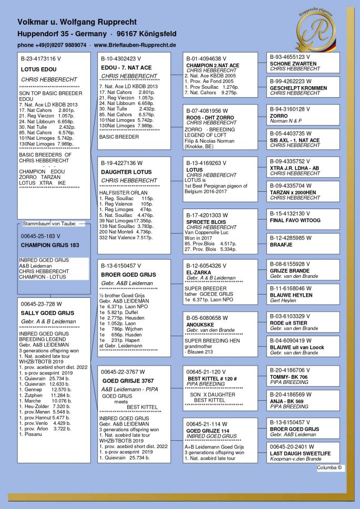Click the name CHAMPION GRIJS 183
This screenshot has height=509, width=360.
click(50, 245)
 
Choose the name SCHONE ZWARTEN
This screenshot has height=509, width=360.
click(293, 64)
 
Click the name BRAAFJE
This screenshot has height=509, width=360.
click(281, 244)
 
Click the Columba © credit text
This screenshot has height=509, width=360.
click(330, 467)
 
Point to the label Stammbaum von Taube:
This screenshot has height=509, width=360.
click(49, 224)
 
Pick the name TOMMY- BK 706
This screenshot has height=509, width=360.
click(289, 377)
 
